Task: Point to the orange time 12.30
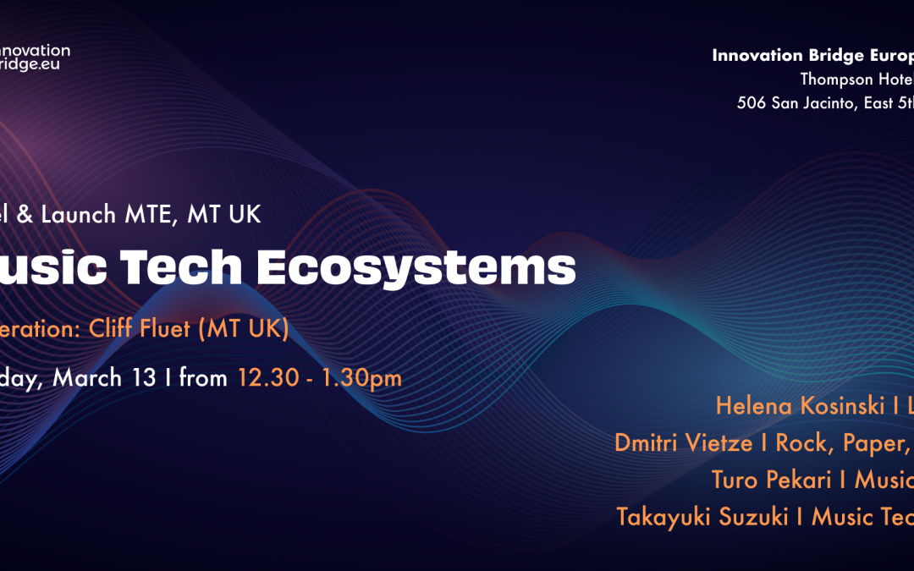pyautogui.click(x=267, y=377)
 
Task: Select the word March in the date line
pyautogui.click(x=87, y=377)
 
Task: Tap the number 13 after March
pyautogui.click(x=143, y=377)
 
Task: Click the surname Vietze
pyautogui.click(x=725, y=442)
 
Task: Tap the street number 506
pyautogui.click(x=753, y=103)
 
